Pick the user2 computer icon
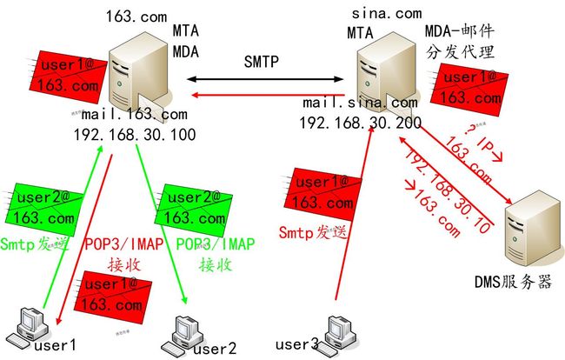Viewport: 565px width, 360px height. click(186, 330)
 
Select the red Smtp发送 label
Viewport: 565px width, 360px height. click(311, 232)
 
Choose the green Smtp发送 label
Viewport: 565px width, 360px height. click(32, 244)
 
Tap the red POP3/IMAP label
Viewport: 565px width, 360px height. click(121, 244)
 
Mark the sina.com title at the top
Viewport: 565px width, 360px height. click(386, 13)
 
